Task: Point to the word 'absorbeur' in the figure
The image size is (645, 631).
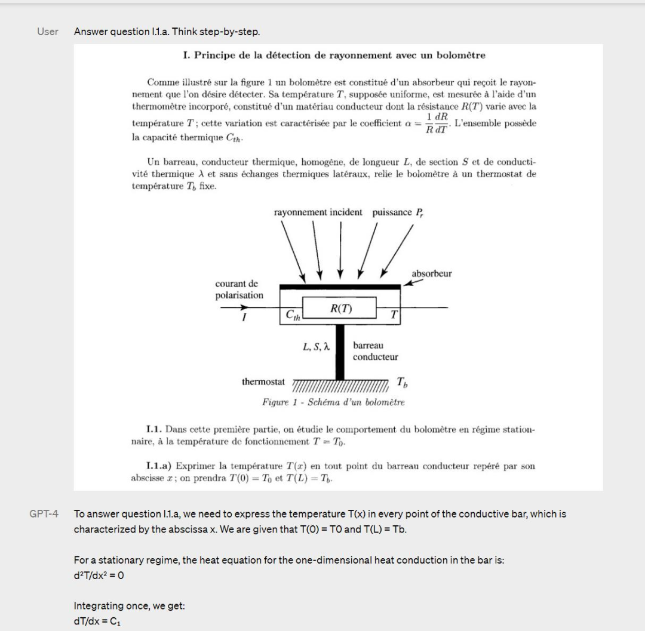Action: [x=432, y=274]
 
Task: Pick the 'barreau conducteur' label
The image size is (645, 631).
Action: [x=375, y=351]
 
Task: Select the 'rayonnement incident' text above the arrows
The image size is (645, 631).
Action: [x=318, y=213]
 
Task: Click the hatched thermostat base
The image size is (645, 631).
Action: [x=340, y=383]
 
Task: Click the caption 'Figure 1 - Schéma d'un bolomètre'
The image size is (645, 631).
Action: [x=333, y=402]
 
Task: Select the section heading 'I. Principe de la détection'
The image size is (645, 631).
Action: [x=334, y=56]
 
